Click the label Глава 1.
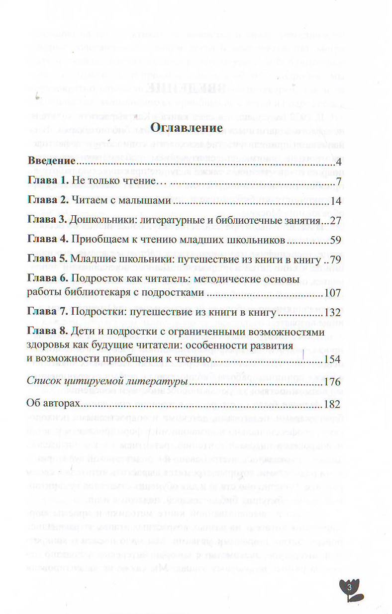coord(47,181)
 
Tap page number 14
coord(335,201)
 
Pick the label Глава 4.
coord(47,240)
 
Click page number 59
coord(334,240)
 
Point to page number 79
coord(334,260)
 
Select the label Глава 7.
coord(47,313)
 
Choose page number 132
coord(331,313)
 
